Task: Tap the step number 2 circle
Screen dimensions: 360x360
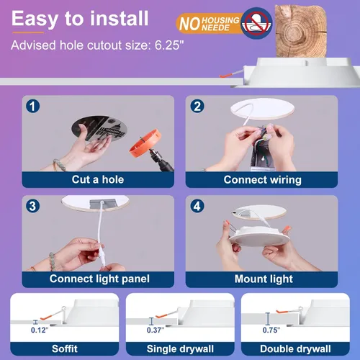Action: pyautogui.click(x=198, y=107)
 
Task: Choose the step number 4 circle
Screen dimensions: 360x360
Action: pyautogui.click(x=198, y=206)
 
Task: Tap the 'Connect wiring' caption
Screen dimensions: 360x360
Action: pyautogui.click(x=263, y=179)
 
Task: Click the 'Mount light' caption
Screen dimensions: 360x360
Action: pyautogui.click(x=264, y=278)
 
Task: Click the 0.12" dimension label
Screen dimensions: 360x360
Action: pyautogui.click(x=39, y=330)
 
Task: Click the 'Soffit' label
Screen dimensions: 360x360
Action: pyautogui.click(x=63, y=348)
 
